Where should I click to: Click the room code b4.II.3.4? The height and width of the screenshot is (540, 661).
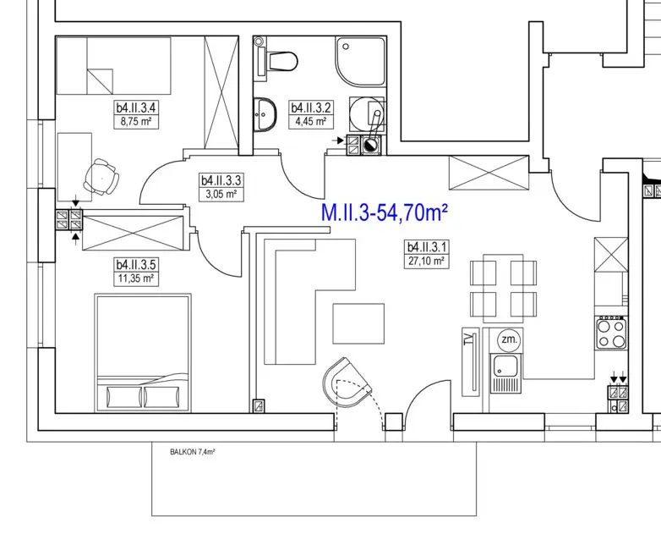click(x=136, y=107)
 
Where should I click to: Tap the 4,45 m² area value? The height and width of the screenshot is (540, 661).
click(x=311, y=122)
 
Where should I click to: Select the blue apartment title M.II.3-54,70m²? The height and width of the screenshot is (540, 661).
click(x=384, y=212)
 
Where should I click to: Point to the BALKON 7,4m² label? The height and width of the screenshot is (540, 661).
click(x=193, y=452)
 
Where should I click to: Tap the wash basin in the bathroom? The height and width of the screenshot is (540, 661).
click(x=265, y=114)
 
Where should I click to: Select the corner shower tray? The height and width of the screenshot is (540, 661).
click(x=360, y=62)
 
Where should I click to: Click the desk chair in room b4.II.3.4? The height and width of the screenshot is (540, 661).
click(x=101, y=177)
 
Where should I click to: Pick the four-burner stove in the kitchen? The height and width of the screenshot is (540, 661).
click(x=611, y=333)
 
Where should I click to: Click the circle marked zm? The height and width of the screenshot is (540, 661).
click(x=509, y=339)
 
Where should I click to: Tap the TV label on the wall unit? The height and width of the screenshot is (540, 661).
click(x=467, y=340)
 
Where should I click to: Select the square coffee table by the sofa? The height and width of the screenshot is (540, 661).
click(x=358, y=323)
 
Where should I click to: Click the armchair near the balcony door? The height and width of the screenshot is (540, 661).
click(x=347, y=383)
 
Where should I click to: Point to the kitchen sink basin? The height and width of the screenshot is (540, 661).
click(x=505, y=366)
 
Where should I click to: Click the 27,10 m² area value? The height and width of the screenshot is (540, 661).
click(x=427, y=262)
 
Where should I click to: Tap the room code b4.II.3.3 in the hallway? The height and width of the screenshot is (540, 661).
click(x=221, y=180)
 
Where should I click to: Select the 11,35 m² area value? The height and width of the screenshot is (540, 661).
click(x=136, y=278)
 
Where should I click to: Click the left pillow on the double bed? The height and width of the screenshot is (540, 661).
click(x=124, y=397)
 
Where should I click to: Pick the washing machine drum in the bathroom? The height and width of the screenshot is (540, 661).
click(x=367, y=114)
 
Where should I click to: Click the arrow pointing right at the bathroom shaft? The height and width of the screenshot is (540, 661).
click(x=337, y=141)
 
